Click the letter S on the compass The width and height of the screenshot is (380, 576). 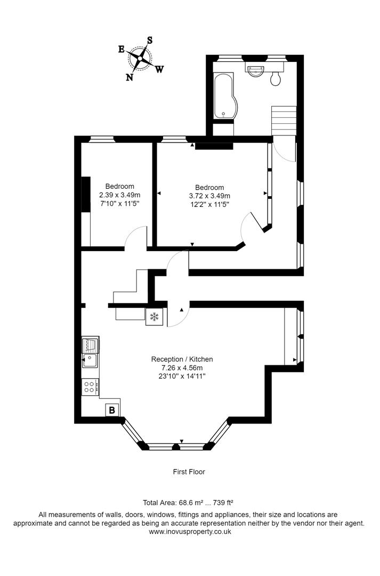(150, 40)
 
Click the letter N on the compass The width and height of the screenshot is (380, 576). (130, 77)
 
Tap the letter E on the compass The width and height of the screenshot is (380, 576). (122, 49)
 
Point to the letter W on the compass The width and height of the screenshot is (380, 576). (159, 69)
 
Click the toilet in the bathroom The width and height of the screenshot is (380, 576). (276, 79)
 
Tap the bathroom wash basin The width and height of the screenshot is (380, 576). (257, 70)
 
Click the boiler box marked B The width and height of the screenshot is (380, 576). (112, 410)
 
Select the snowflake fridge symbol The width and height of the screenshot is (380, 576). (154, 317)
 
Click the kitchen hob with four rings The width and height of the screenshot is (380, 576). (90, 387)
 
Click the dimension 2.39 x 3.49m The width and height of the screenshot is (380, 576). (116, 195)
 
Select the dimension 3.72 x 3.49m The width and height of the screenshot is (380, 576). (209, 196)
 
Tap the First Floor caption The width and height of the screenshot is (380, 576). (189, 471)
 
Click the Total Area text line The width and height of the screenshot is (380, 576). (189, 502)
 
